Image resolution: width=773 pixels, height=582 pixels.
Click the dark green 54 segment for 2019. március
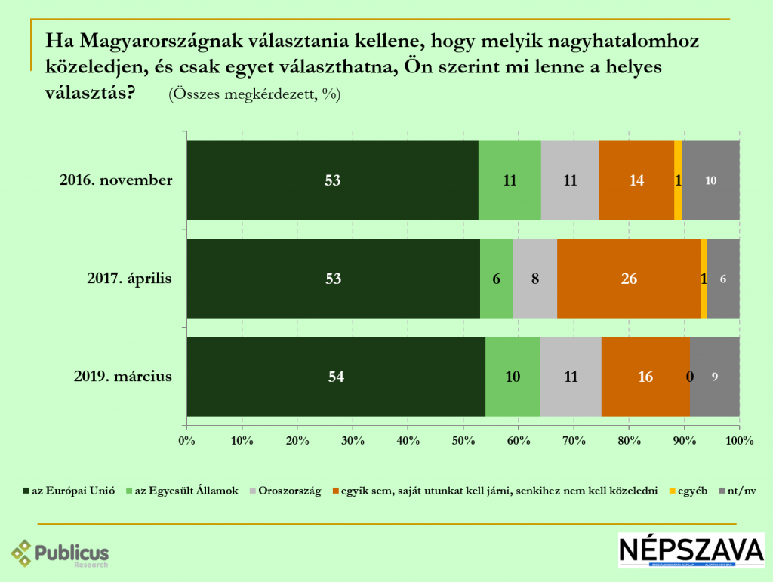336,377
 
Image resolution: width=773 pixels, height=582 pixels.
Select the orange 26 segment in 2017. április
629,279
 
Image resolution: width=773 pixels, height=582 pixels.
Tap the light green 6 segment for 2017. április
496,279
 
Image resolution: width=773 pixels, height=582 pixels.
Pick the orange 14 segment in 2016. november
636,180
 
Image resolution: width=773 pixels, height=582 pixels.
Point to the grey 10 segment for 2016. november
710,180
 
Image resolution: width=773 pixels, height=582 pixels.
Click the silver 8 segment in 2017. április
534,279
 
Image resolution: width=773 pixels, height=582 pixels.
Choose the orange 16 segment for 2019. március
645,377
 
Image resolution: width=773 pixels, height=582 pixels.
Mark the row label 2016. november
116,180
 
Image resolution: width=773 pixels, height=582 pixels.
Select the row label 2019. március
124,376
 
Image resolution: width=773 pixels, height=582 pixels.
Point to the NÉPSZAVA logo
691,550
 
